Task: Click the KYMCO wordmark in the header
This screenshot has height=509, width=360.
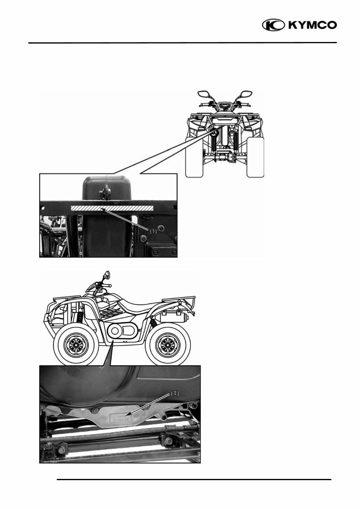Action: [312, 25]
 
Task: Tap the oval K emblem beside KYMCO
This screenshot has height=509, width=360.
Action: [274, 25]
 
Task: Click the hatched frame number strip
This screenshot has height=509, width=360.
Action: [111, 208]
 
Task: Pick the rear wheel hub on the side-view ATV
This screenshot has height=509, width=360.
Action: [165, 346]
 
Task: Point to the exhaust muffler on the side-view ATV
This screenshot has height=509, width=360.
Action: [171, 317]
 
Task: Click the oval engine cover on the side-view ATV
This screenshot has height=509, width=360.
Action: [120, 329]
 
